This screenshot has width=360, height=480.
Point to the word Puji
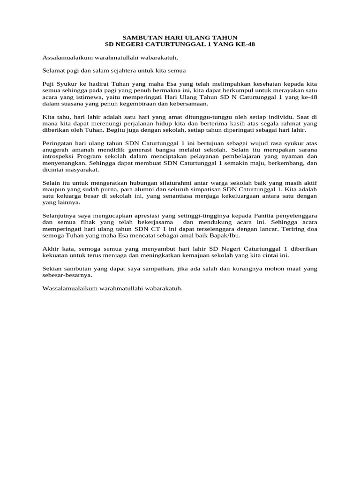[48, 83]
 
